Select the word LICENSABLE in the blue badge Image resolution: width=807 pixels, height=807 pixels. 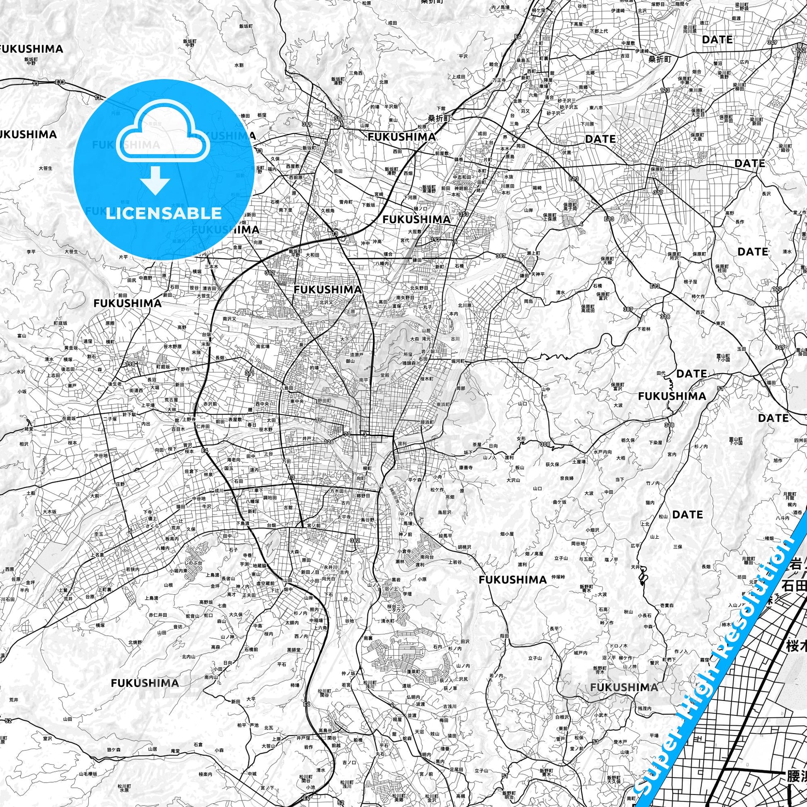point(163,213)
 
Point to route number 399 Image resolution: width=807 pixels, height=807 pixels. point(307,124)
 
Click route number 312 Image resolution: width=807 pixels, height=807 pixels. point(270,273)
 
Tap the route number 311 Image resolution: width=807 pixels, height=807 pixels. point(250,373)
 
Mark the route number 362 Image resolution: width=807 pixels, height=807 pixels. point(355,540)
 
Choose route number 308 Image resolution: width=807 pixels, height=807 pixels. point(544,444)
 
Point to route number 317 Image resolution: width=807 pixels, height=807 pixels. point(658,192)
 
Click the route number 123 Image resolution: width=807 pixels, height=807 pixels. point(665,90)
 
